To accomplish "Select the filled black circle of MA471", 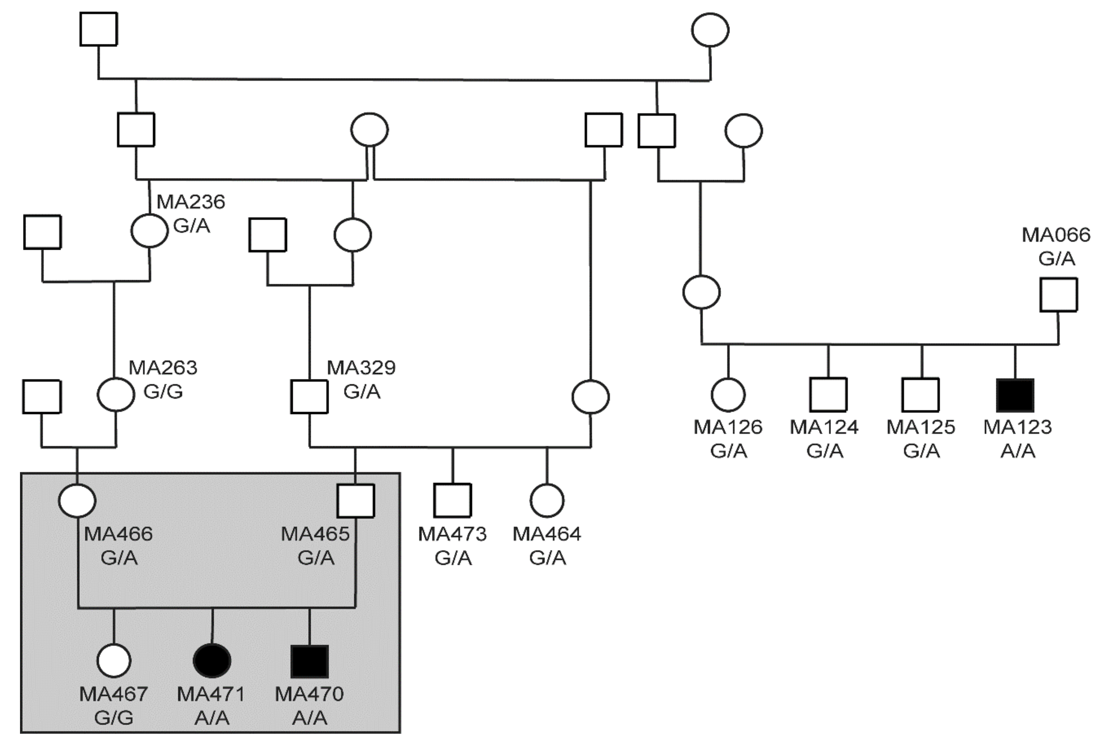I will click(212, 660).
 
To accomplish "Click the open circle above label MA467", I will click(114, 660).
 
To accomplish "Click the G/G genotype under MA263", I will click(163, 392).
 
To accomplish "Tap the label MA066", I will click(1056, 235).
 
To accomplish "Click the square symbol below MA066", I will click(1058, 295).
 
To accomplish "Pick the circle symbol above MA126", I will click(728, 395).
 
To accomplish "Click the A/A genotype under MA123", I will click(1018, 451).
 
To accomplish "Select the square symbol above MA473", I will click(452, 500).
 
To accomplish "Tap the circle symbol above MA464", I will click(547, 500).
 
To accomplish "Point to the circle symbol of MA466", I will click(77, 500).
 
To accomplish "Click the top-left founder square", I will click(98, 29).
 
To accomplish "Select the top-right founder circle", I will click(710, 30).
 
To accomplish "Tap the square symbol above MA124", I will click(828, 395).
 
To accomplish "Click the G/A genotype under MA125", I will click(921, 451).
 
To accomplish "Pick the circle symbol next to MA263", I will click(116, 395).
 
